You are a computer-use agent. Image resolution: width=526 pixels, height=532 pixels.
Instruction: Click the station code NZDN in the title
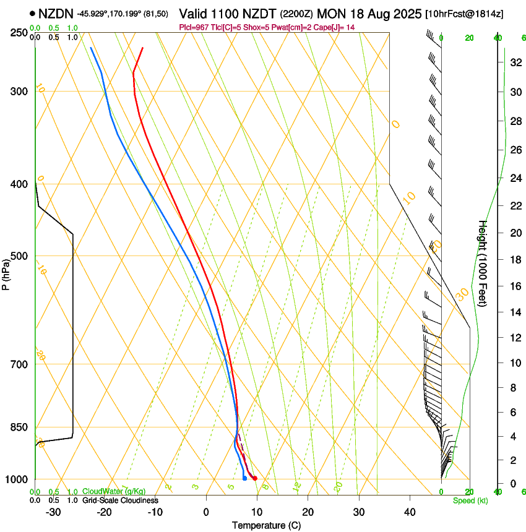55,13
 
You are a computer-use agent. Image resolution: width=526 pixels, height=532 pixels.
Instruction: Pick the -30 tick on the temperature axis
53,512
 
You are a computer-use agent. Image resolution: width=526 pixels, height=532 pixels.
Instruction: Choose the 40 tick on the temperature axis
410,512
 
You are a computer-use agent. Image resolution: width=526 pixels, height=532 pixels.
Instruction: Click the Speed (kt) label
470,500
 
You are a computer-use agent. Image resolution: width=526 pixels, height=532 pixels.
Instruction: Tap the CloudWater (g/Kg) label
114,492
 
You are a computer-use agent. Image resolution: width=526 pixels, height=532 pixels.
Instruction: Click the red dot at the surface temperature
255,479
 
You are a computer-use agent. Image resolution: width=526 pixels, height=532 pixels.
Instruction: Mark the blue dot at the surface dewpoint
245,478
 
